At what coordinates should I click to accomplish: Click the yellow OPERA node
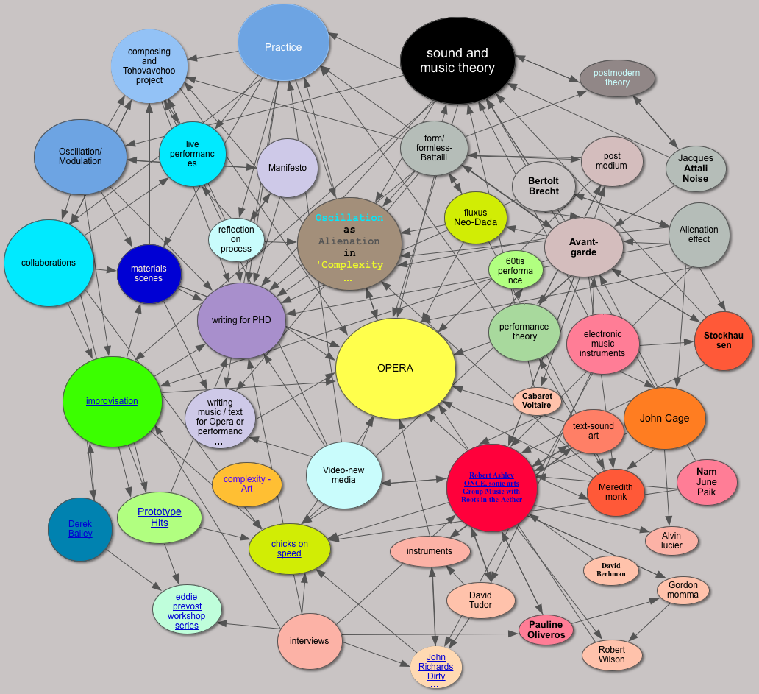(x=395, y=368)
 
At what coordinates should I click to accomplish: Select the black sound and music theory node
(x=457, y=60)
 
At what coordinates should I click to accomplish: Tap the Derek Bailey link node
(x=80, y=528)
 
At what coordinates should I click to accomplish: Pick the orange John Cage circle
(x=664, y=418)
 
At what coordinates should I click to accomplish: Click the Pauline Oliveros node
(x=546, y=630)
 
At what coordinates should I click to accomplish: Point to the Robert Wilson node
(x=612, y=655)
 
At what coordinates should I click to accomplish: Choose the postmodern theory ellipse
(x=617, y=78)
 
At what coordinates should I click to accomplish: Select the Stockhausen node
(x=724, y=341)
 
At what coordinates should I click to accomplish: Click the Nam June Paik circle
(x=706, y=482)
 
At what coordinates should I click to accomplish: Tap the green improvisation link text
(x=112, y=401)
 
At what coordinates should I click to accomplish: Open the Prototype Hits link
(x=160, y=517)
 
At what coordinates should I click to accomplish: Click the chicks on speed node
(x=289, y=549)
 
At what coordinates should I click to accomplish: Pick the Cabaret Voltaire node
(x=537, y=401)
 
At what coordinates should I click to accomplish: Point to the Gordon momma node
(x=683, y=590)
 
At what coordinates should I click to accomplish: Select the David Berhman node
(x=610, y=570)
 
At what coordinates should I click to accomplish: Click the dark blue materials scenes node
(x=149, y=274)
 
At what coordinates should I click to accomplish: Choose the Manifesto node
(x=287, y=168)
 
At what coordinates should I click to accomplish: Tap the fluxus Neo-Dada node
(x=476, y=218)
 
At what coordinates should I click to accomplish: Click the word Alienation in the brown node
(x=349, y=241)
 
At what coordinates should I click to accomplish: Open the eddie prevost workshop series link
(x=187, y=611)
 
